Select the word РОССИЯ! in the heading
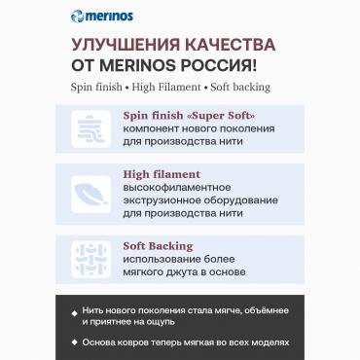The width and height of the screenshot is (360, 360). point(232,66)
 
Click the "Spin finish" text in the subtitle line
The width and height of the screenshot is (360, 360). point(96,87)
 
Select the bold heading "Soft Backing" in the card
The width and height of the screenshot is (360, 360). point(158,246)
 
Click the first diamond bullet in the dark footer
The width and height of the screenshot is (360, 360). point(75,311)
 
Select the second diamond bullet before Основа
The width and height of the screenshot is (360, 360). point(75,342)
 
